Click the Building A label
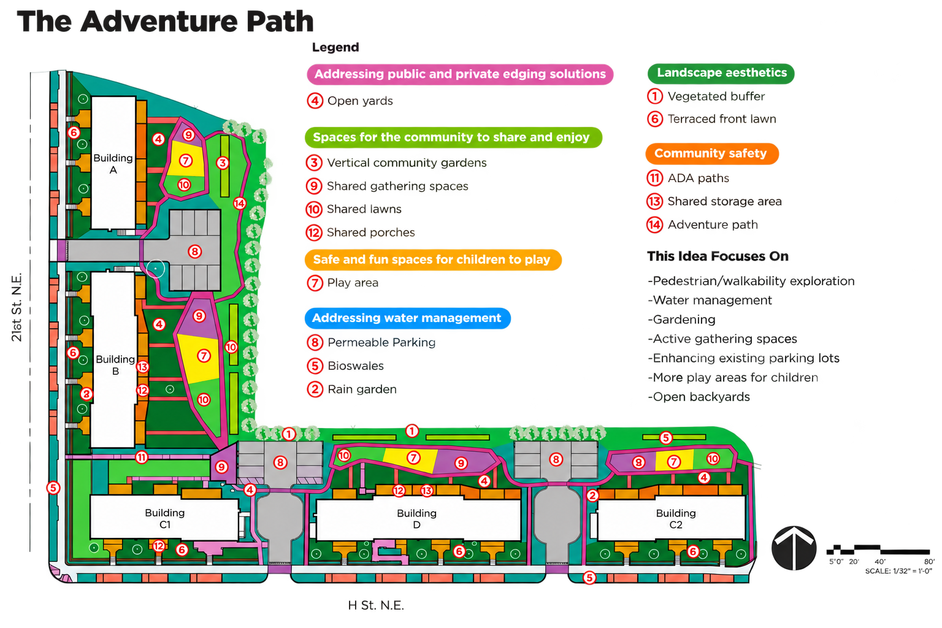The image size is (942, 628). click(x=113, y=164)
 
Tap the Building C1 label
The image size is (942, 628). click(x=165, y=518)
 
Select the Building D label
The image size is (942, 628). click(x=417, y=519)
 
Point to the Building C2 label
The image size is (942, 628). click(x=676, y=519)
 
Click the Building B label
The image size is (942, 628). click(x=116, y=365)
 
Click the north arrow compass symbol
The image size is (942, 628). click(x=794, y=548)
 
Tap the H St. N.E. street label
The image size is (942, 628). click(x=376, y=605)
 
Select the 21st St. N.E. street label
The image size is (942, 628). click(x=17, y=307)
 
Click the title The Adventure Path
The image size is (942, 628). click(x=165, y=21)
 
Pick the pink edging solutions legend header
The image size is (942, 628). click(x=460, y=74)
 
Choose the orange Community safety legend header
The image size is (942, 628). click(x=712, y=153)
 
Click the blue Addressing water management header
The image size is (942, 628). click(x=407, y=318)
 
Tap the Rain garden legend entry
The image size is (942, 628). click(x=352, y=389)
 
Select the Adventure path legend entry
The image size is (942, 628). click(x=702, y=224)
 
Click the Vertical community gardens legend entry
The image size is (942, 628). click(x=397, y=163)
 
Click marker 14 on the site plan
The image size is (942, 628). click(x=240, y=204)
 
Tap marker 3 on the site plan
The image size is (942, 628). click(x=223, y=163)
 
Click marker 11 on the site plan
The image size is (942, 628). click(x=142, y=458)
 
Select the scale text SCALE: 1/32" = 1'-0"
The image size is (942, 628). click(x=898, y=571)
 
